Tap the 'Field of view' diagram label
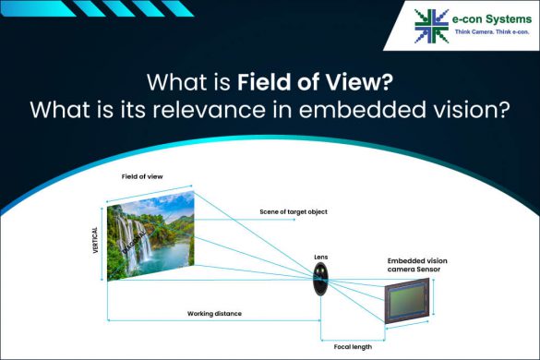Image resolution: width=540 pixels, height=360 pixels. (142, 175)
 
